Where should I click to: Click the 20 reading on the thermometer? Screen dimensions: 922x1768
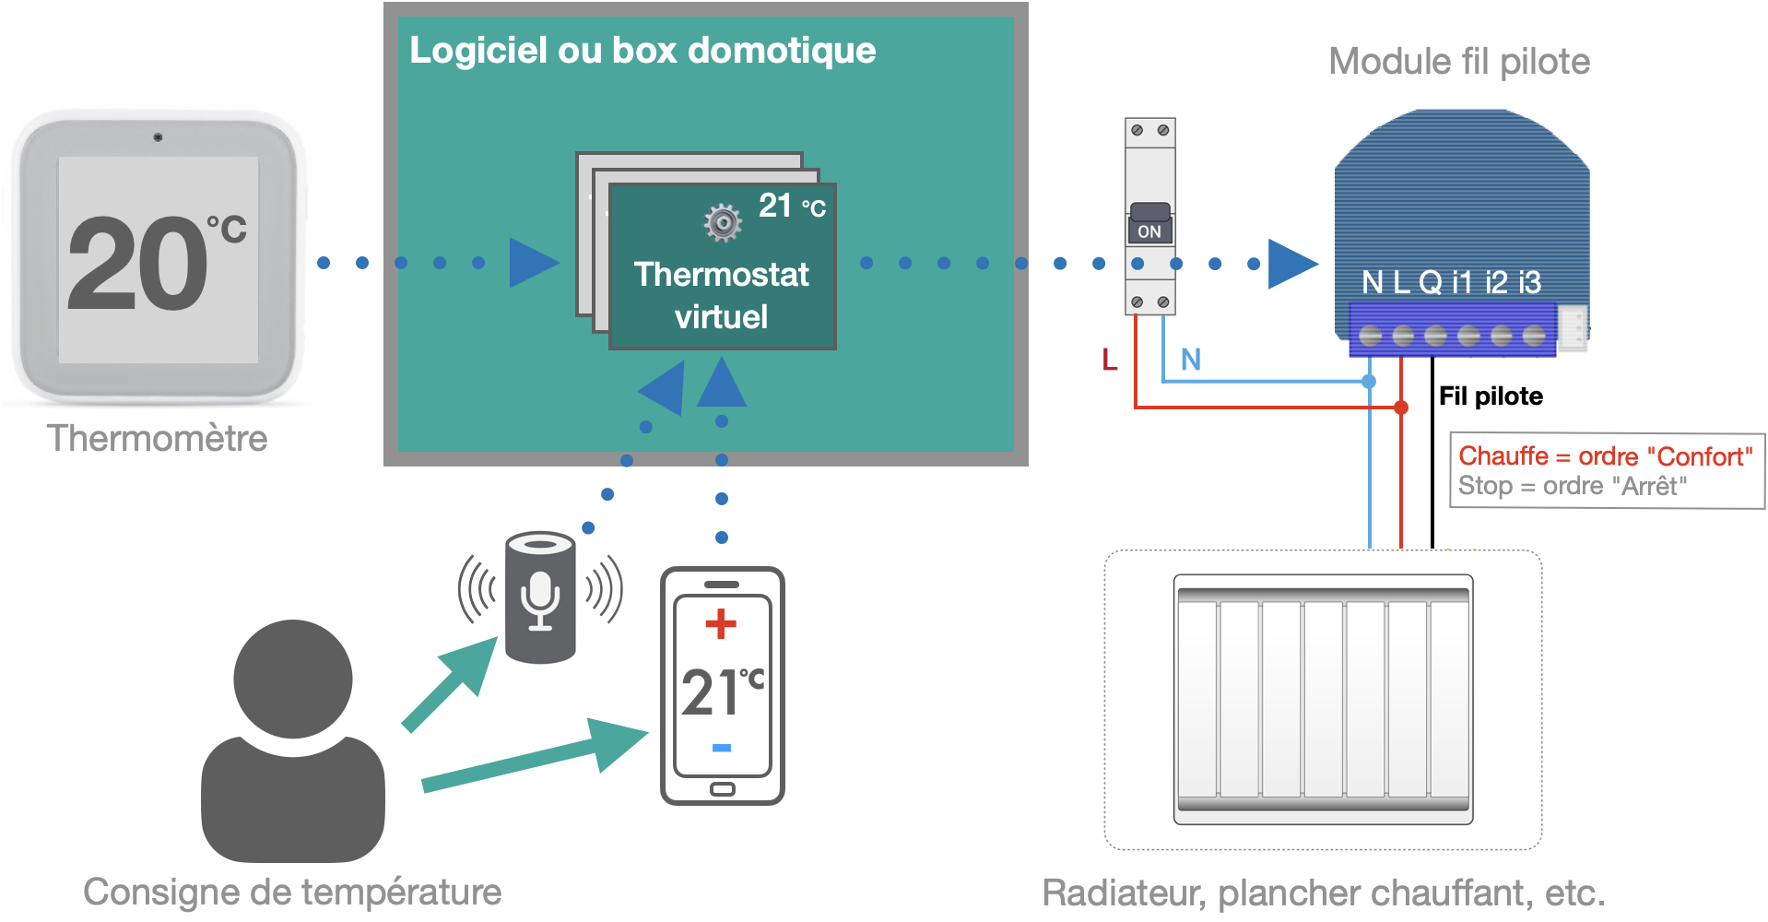point(138,264)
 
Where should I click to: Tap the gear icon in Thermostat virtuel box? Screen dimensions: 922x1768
point(723,222)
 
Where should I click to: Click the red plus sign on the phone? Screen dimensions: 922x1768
point(721,624)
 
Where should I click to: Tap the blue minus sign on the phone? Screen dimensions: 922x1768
point(722,748)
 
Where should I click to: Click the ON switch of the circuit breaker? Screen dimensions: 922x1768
point(1149,230)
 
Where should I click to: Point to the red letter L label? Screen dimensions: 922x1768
point(1110,360)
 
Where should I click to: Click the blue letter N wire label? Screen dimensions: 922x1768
point(1190,360)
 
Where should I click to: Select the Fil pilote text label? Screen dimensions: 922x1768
point(1491,396)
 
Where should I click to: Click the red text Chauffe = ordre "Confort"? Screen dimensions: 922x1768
point(1605,456)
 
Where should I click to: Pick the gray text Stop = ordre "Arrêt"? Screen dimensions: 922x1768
point(1572,486)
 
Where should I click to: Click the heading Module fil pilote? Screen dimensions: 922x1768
point(1458,62)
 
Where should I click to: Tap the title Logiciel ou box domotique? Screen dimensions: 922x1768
point(642,50)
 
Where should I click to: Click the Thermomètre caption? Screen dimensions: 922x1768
point(158,438)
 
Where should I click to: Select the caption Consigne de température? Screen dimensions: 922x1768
point(292,892)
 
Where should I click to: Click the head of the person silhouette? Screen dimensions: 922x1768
point(293,679)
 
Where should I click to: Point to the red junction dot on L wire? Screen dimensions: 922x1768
point(1401,407)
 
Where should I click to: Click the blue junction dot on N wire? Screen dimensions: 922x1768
point(1369,381)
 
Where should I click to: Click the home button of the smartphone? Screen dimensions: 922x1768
point(723,789)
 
